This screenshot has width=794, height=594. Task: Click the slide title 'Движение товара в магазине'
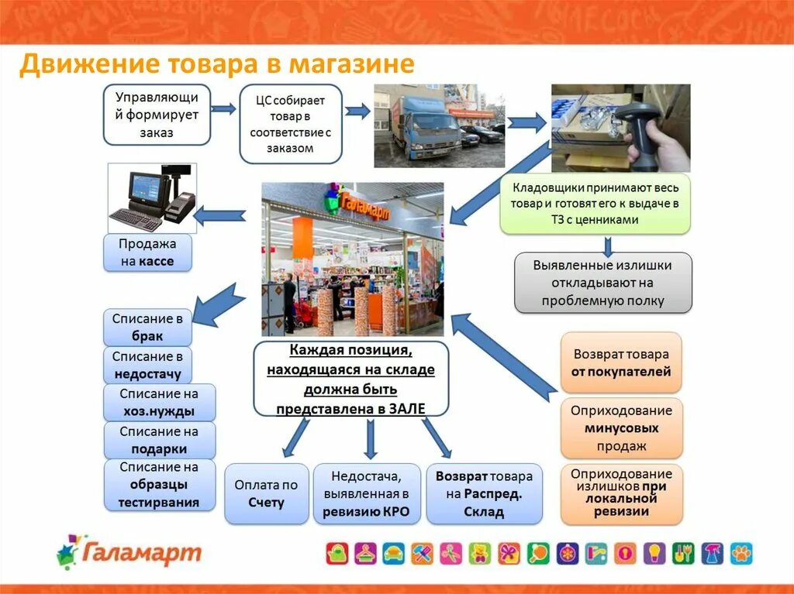(217, 64)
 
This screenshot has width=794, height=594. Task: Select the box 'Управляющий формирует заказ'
(157, 115)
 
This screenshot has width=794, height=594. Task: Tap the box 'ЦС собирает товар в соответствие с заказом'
(290, 124)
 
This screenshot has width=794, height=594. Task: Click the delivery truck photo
(439, 125)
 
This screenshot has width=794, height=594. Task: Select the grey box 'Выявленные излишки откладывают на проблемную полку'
(602, 283)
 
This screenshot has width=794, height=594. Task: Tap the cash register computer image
(151, 197)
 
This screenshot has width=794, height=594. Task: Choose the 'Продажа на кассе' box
(147, 252)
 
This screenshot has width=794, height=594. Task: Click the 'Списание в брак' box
(147, 327)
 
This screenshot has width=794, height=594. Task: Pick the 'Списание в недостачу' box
(147, 365)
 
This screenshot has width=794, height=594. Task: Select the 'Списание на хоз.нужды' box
(159, 403)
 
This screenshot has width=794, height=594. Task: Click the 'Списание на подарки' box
(159, 440)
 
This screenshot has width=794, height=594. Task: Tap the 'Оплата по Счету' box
(266, 493)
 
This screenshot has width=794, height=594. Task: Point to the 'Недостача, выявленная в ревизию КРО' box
(366, 493)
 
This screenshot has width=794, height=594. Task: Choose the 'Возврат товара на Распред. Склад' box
(484, 493)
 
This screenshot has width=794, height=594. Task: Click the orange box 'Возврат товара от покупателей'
(621, 362)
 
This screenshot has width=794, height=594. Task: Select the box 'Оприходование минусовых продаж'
(621, 428)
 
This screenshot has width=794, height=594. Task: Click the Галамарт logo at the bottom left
(129, 552)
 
